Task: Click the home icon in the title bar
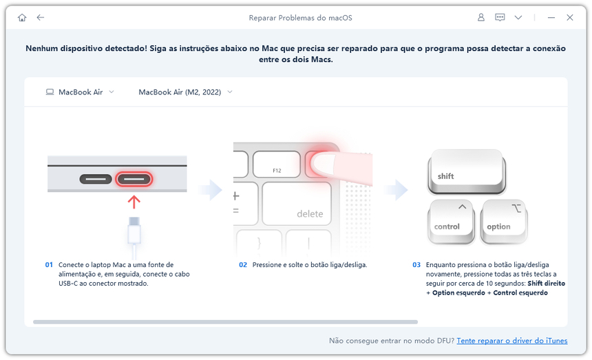22,17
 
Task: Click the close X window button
569,17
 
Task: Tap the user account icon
481,17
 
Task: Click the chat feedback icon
500,17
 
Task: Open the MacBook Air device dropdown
80,92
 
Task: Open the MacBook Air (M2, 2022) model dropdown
185,92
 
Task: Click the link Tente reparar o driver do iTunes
511,341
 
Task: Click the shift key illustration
466,173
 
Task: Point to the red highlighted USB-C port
134,180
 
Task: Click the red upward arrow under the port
134,202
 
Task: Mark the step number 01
50,264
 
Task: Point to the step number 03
416,264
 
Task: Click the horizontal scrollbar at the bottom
225,321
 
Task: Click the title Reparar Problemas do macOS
300,17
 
